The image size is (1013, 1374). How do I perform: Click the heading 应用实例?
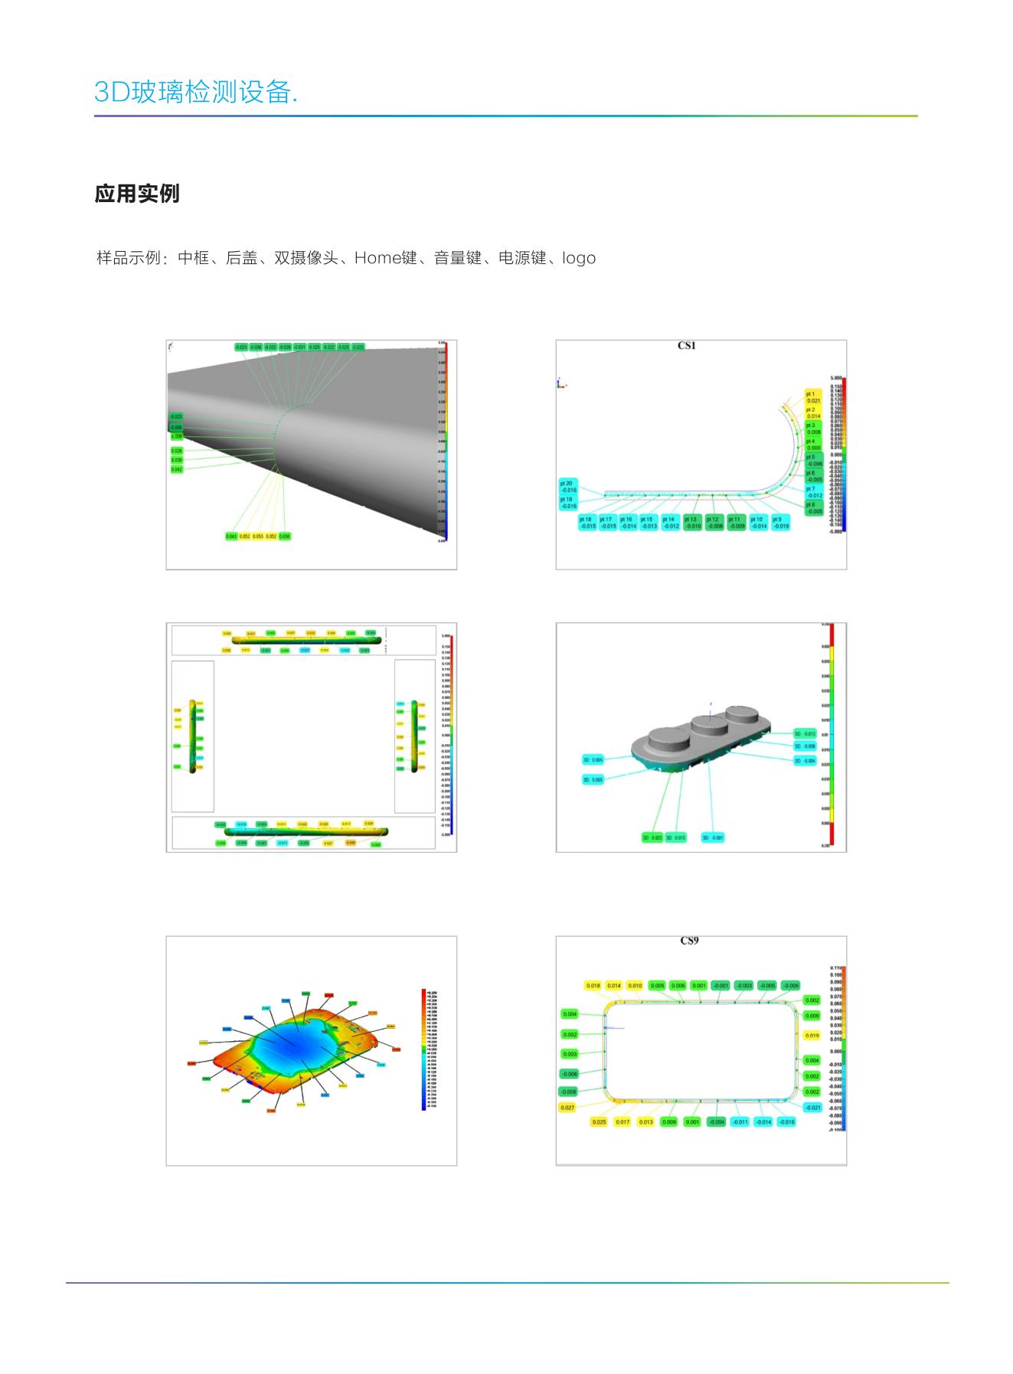(137, 194)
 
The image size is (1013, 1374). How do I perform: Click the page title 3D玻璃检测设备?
(195, 92)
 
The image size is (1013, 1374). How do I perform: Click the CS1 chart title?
(686, 346)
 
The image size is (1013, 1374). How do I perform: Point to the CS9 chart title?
(689, 941)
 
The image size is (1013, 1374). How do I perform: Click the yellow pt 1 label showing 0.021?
(812, 397)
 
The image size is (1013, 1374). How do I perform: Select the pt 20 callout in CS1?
(568, 486)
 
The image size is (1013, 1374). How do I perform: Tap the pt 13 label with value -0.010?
(691, 523)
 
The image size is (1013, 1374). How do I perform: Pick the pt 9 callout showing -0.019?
(779, 523)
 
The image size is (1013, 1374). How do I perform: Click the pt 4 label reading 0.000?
(812, 445)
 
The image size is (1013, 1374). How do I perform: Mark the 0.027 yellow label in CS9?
(567, 1108)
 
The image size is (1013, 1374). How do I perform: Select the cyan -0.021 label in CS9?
(812, 1108)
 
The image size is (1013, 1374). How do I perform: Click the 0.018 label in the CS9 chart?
(593, 986)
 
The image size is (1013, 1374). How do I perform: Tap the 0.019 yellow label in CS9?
(812, 1036)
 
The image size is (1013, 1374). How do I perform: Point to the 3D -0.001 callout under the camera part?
(713, 837)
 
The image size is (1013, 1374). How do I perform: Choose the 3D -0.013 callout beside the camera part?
(805, 734)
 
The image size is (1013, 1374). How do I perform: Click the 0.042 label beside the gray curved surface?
(177, 469)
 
